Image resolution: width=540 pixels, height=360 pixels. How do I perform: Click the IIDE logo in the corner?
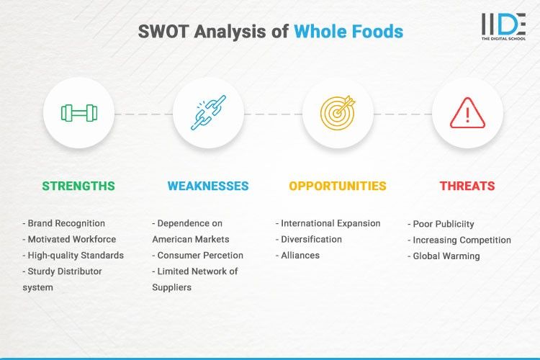pos(503,27)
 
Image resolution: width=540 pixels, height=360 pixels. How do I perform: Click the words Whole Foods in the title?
pos(348,32)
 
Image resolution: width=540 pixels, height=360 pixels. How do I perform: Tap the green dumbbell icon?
pos(78,113)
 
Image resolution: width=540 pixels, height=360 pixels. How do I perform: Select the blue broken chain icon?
pos(208,113)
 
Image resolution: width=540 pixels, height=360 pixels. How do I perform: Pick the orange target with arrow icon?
pos(338,113)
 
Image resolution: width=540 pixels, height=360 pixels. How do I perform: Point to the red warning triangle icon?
pos(467,113)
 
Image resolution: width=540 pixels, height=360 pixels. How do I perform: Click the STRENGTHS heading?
pos(78,186)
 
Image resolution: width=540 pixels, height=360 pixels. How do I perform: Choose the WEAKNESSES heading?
pos(208,186)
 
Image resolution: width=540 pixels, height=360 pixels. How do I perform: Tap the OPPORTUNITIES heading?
pos(338,186)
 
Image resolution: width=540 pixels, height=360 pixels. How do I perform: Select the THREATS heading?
pos(467,186)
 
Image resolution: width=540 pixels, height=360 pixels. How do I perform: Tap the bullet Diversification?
pos(309,239)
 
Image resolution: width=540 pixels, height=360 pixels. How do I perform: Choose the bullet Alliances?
pos(298,255)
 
